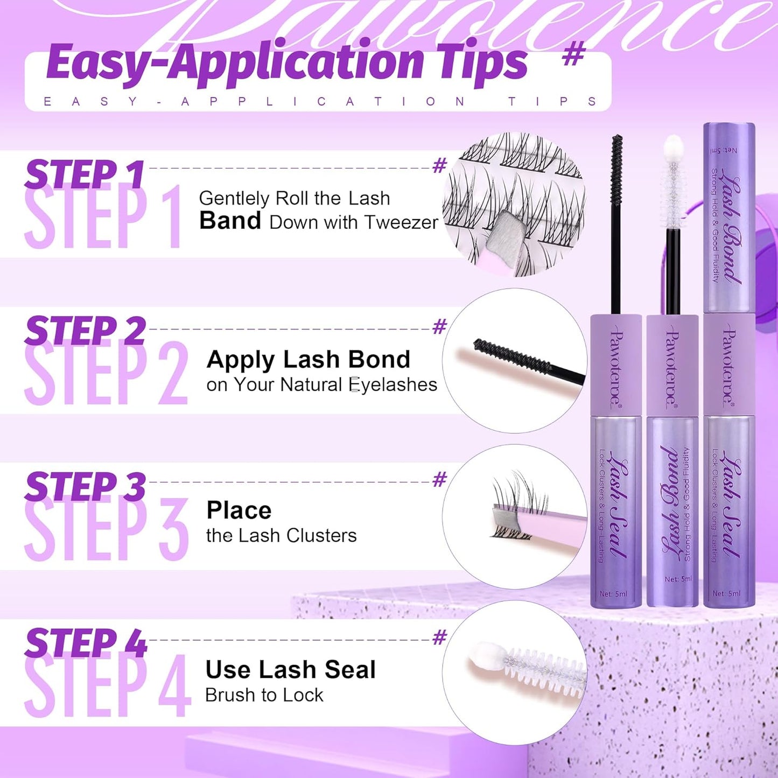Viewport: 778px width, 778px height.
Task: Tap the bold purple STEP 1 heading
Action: coord(85,175)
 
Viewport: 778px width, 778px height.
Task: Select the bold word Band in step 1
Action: coord(230,221)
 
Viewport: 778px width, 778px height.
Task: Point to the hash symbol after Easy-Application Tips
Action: coord(573,55)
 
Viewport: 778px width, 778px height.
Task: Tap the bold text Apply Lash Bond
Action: coord(308,360)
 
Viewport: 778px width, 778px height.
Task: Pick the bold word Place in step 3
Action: coord(239,510)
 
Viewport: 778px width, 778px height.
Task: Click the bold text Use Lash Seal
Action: coord(290,670)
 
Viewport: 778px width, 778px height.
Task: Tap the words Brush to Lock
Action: coord(264,695)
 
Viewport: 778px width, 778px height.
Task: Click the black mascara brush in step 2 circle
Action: coord(511,356)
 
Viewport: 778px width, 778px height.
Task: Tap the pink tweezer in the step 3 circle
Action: coord(549,528)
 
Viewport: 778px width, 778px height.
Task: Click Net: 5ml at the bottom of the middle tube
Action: coord(677,579)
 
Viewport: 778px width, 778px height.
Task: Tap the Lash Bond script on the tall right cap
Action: coord(731,226)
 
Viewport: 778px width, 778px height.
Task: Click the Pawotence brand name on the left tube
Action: coord(615,369)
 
